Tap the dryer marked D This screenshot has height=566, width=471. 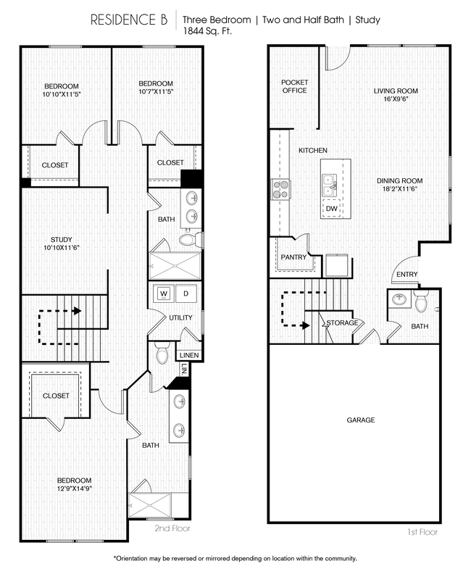tap(185, 294)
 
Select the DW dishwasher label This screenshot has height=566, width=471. tap(331, 208)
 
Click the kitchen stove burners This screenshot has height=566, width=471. tap(280, 189)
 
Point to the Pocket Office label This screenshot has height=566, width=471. tap(294, 86)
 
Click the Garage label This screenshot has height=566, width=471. tap(360, 420)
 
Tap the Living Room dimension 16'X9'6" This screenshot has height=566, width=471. tap(396, 101)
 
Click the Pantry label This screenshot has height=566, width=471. tap(293, 257)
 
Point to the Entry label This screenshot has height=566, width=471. tap(407, 274)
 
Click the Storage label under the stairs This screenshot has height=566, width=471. tap(342, 322)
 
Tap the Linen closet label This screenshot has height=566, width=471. tap(189, 355)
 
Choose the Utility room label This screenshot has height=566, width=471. tap(180, 318)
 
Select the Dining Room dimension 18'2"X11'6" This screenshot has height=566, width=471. tap(399, 189)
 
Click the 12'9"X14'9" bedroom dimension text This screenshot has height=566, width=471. tap(75, 488)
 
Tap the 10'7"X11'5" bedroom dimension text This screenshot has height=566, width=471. tap(156, 92)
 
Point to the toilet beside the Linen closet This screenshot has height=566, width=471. tap(162, 353)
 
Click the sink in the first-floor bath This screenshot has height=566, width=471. tap(399, 299)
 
